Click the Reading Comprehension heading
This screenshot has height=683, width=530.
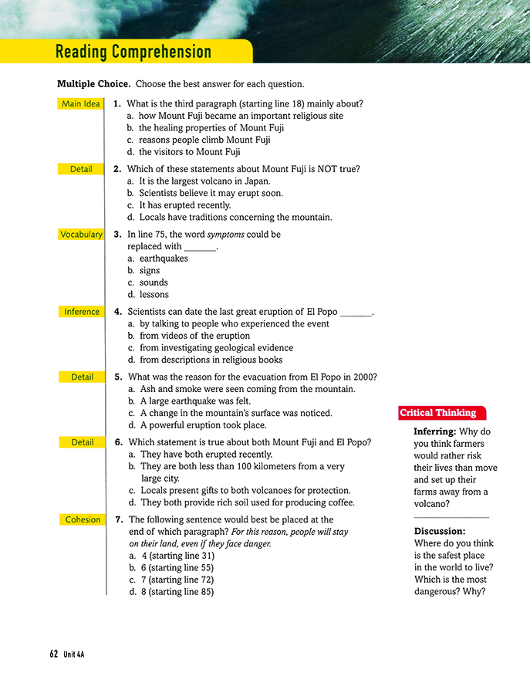[x=133, y=52]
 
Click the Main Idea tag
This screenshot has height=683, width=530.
[x=82, y=103]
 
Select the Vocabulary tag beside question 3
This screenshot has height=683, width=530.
[x=81, y=234]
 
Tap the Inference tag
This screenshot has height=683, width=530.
[x=81, y=312]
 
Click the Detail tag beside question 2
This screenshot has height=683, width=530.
[x=81, y=169]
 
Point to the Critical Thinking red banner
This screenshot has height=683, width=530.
[x=438, y=413]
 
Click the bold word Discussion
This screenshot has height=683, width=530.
[x=440, y=531]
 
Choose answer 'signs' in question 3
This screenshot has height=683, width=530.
[x=149, y=271]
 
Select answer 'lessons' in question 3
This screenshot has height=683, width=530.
[x=154, y=294]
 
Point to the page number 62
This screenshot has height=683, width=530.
[x=53, y=654]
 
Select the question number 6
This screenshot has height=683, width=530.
[x=118, y=442]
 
